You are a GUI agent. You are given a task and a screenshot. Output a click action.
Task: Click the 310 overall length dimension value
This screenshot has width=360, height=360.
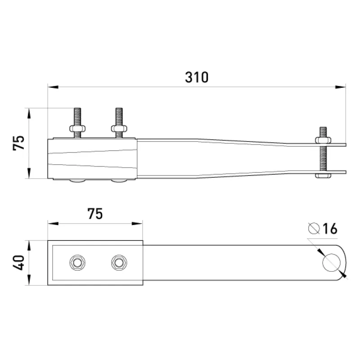197,77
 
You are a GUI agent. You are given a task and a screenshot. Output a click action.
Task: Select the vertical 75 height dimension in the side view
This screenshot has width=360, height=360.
18,143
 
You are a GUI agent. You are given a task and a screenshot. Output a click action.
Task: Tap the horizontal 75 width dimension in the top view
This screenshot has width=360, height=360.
95,214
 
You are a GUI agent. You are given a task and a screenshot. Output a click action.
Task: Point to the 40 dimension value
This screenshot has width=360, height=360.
18,263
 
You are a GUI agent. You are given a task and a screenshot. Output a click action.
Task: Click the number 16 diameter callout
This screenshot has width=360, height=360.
330,229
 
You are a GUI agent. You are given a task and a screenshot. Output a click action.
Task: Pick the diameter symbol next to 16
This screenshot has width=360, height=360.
314,229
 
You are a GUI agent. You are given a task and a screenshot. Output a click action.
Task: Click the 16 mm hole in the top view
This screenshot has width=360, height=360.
331,263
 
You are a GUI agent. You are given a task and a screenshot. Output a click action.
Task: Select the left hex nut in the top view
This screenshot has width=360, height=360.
77,263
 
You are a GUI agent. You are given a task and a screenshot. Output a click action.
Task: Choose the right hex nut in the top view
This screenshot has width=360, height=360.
119,263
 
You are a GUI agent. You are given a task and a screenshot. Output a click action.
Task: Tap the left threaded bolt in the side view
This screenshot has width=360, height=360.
77,123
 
